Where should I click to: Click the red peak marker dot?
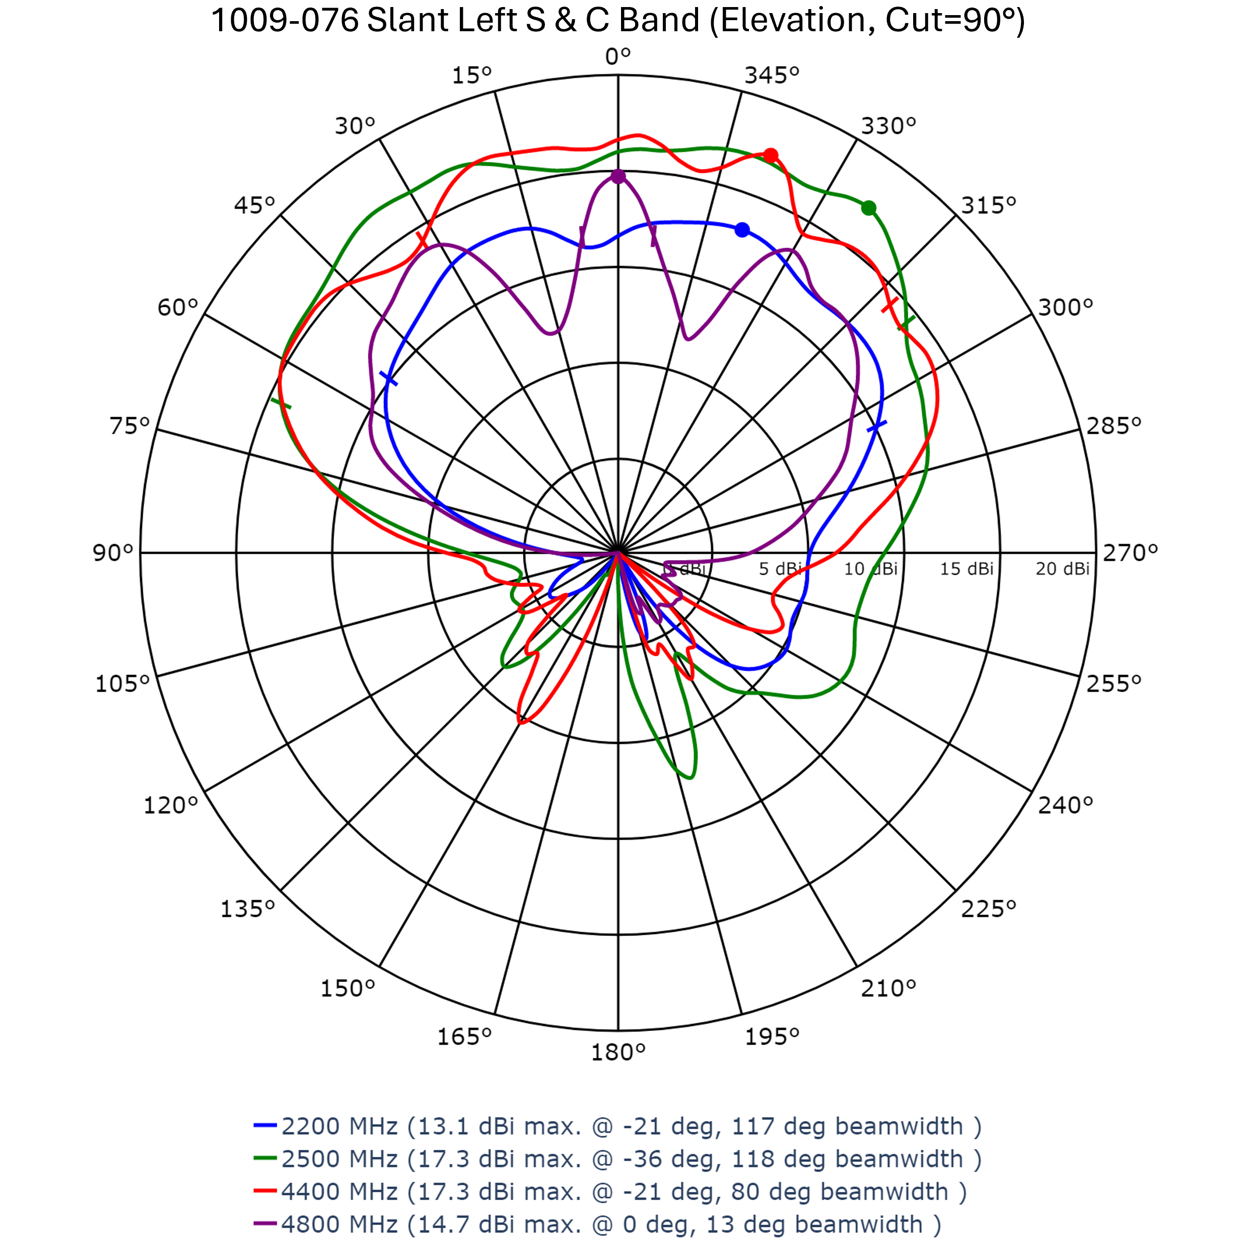click(770, 155)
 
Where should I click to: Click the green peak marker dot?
click(868, 208)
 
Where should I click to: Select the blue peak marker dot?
click(742, 230)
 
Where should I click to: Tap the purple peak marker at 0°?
click(617, 176)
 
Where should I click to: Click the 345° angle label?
click(772, 76)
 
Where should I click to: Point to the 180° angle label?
click(617, 1053)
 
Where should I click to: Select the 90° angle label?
click(113, 553)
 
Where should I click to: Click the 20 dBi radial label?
click(1062, 569)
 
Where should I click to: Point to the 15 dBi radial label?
click(967, 569)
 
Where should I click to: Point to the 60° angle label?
click(177, 307)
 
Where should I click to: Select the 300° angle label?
click(1065, 307)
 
